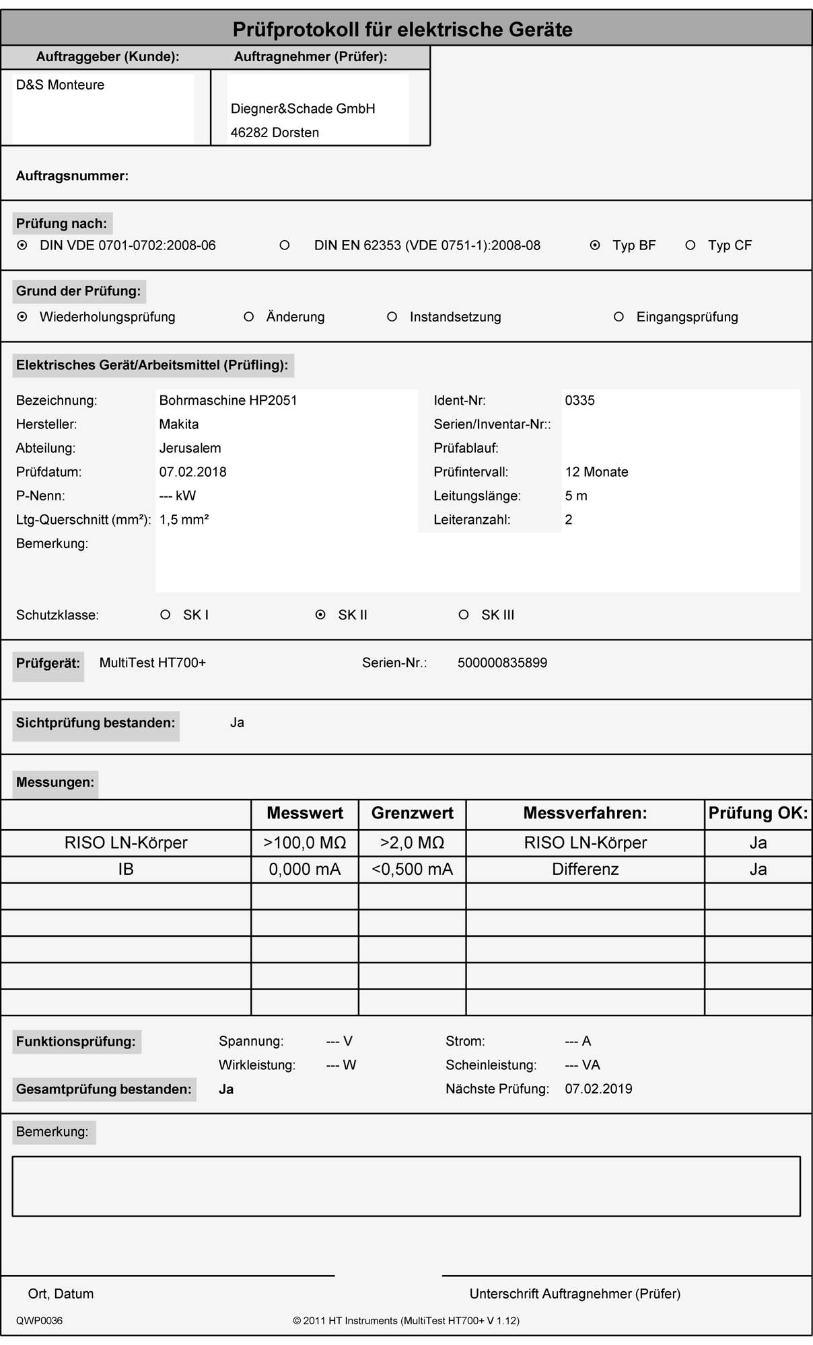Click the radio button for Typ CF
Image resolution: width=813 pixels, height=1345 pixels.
tap(690, 245)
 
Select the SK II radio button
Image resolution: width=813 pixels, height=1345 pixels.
tap(320, 615)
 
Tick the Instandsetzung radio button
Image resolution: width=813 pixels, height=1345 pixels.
tap(392, 317)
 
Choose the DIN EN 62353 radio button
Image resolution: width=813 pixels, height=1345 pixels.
tap(285, 245)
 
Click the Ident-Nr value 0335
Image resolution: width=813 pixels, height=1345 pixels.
tap(579, 400)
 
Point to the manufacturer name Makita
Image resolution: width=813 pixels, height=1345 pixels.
tap(178, 424)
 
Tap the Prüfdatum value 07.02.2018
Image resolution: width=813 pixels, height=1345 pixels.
tap(192, 472)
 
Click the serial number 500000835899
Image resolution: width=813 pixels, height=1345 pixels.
tap(502, 662)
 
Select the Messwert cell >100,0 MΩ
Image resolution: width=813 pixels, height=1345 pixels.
tap(305, 843)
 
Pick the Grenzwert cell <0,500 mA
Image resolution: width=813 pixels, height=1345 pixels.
tap(412, 870)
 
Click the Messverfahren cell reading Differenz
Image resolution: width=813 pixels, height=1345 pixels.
tap(585, 870)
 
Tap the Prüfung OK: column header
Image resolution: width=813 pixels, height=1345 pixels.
tap(758, 813)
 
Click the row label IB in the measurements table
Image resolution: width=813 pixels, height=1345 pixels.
tap(126, 870)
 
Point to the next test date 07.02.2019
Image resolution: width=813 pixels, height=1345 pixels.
tap(598, 1089)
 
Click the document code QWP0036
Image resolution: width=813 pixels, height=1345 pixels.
tap(39, 1321)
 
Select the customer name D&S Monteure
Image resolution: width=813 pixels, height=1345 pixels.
tap(60, 85)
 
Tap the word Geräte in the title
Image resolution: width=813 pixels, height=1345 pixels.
tap(540, 30)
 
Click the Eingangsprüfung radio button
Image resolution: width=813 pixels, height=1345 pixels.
tap(618, 317)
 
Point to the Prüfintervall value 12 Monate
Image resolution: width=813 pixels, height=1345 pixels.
tap(596, 472)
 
